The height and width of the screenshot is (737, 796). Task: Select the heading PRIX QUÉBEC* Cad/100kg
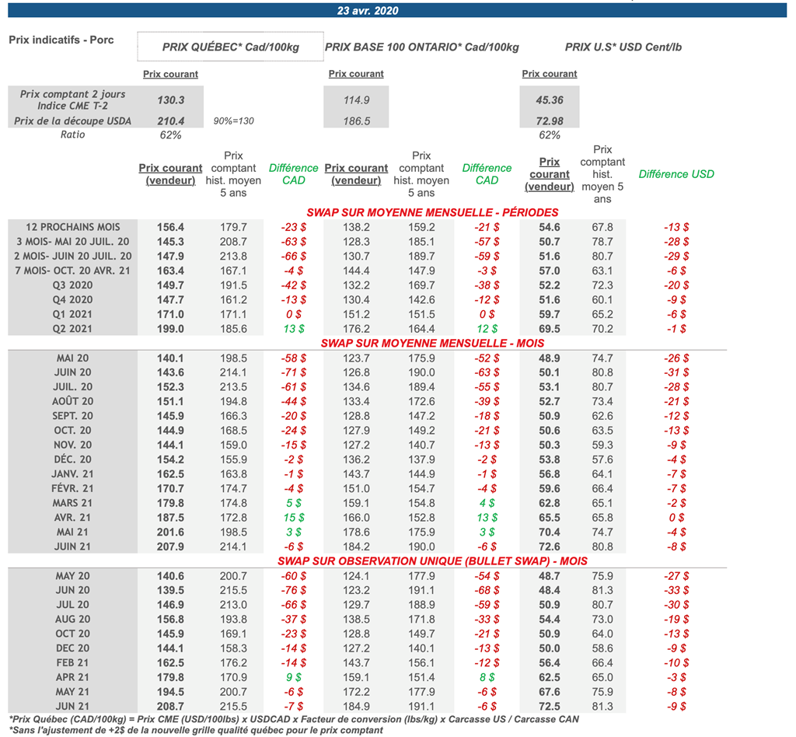coord(231,47)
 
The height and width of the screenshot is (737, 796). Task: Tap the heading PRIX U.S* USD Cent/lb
coord(624,47)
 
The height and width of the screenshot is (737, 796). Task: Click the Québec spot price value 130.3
coord(170,100)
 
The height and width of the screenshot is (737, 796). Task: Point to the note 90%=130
coord(233,121)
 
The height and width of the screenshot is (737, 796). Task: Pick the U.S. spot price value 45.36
coord(549,100)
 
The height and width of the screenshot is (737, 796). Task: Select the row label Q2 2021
coord(73,329)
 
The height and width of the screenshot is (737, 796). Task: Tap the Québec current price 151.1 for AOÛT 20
coord(170,401)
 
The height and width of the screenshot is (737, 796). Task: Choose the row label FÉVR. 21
coord(73,488)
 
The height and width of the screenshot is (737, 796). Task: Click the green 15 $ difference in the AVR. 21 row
coord(293,517)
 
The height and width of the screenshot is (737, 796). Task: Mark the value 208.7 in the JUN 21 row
coord(170,706)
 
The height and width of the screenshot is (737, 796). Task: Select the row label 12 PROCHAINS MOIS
coord(73,227)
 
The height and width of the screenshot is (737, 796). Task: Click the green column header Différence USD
coord(676,174)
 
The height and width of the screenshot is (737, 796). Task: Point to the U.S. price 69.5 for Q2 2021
coord(549,329)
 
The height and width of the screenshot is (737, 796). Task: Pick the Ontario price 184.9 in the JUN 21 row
coord(357,706)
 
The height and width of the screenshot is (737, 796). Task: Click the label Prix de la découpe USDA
coord(73,121)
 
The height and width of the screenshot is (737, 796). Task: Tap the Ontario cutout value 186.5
coord(357,121)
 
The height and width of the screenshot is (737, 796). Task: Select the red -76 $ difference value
coord(293,590)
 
